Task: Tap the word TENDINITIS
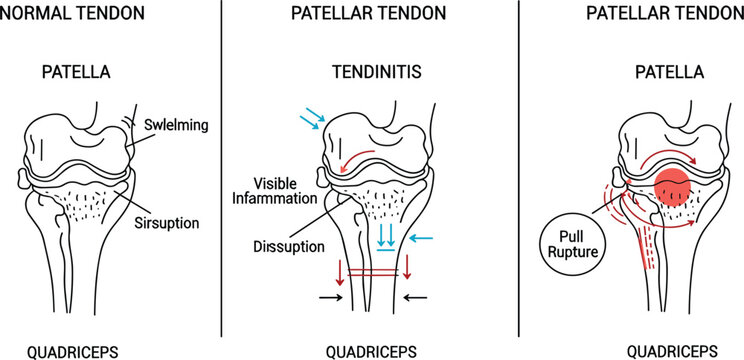371,73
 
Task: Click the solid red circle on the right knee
671,188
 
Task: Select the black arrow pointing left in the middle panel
415,297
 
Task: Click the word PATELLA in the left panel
76,73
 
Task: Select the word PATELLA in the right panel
670,73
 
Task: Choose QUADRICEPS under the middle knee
371,351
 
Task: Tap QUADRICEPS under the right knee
670,351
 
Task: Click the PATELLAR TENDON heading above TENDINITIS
370,14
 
